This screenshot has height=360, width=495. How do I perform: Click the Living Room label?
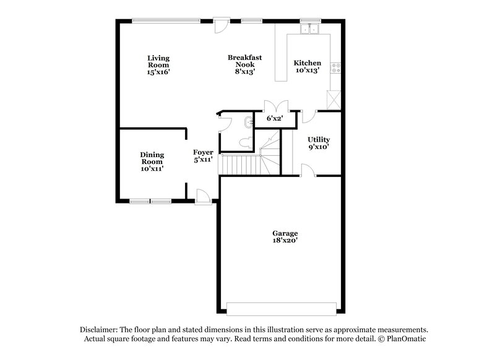158,65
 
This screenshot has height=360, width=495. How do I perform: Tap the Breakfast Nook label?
244,64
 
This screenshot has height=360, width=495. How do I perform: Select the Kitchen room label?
307,67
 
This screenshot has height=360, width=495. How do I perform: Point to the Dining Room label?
152,161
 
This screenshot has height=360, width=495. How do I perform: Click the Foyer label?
203,156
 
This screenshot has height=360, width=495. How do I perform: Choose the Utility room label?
319,144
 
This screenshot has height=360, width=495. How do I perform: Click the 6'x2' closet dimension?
274,118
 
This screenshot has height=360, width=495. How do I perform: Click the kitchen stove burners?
336,68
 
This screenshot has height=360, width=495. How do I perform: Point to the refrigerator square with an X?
334,99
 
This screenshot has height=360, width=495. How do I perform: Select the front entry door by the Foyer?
202,197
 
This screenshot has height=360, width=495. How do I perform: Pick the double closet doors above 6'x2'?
274,106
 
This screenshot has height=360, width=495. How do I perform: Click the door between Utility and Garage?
308,171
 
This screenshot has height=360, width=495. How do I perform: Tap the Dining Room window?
150,200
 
